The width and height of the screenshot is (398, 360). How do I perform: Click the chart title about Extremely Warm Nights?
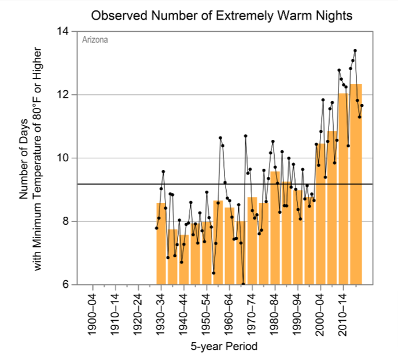click(x=222, y=14)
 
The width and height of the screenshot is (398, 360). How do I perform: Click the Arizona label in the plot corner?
click(x=95, y=40)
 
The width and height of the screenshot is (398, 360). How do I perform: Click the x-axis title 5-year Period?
click(x=224, y=347)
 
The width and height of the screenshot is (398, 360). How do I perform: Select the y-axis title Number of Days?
click(x=24, y=157)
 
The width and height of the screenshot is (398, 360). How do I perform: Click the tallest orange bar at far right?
click(x=356, y=185)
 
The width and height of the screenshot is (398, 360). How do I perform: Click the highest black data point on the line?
click(x=355, y=51)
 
